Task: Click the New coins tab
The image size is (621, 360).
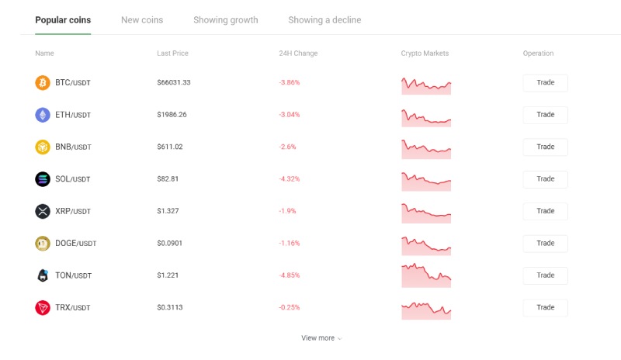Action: (142, 20)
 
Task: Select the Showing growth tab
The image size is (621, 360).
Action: (225, 20)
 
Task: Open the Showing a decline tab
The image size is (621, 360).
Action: (324, 20)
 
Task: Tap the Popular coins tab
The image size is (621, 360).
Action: (63, 20)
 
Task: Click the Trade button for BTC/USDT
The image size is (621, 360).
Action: (545, 83)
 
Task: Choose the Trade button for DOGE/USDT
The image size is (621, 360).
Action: (545, 243)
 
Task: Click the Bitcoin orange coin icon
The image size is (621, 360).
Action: (43, 83)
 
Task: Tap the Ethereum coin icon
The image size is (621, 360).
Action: (43, 115)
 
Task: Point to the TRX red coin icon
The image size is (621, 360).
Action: (43, 308)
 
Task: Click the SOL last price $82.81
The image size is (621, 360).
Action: (168, 179)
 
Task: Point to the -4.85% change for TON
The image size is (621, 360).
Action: (289, 275)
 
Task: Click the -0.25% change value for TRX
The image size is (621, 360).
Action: (289, 308)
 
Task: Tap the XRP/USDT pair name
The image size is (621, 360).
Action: (73, 211)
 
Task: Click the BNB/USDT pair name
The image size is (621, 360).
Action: (73, 147)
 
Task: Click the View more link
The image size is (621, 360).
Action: (321, 338)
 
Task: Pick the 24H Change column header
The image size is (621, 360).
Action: (298, 54)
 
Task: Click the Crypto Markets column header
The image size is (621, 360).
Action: (425, 54)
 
